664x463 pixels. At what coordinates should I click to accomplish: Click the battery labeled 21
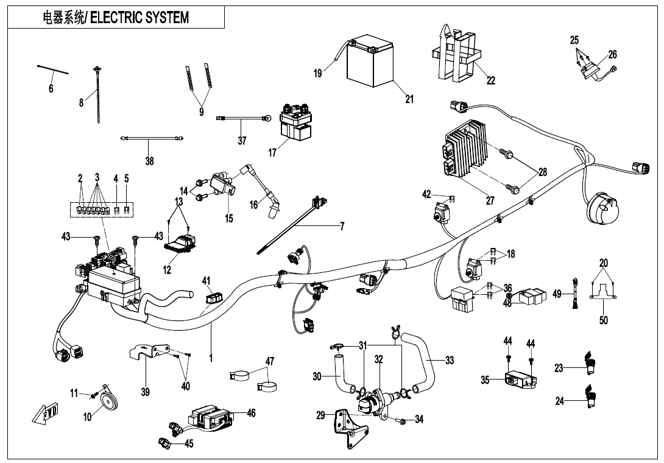(x=371, y=65)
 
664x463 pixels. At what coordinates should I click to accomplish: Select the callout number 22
(x=490, y=80)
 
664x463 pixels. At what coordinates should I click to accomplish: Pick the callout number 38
(x=149, y=161)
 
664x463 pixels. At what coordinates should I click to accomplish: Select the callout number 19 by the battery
(x=318, y=74)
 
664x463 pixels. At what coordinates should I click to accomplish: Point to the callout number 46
(x=251, y=413)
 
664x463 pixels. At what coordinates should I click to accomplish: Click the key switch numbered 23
(x=589, y=362)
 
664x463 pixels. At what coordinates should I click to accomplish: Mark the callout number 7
(x=342, y=227)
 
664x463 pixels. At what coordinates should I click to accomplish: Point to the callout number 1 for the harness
(x=211, y=358)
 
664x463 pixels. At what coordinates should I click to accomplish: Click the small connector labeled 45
(x=164, y=442)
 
